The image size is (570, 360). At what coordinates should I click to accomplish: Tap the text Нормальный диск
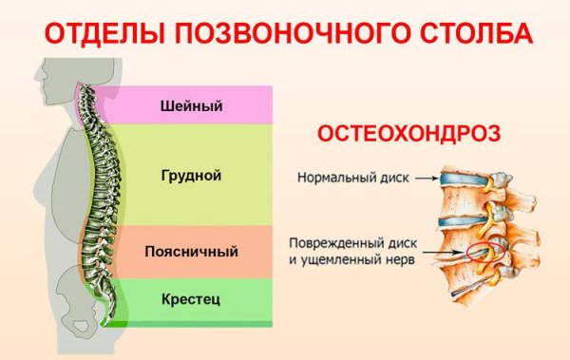pyautogui.click(x=352, y=177)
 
